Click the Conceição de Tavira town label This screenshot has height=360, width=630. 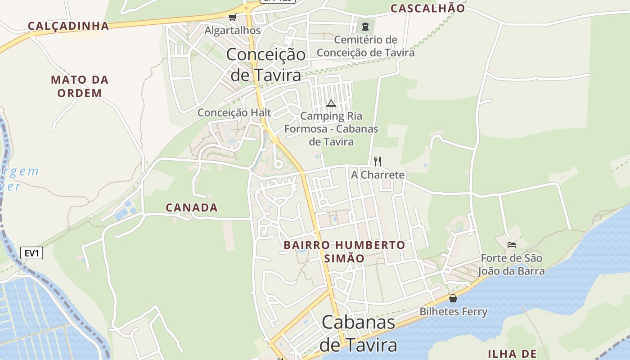pos(265,64)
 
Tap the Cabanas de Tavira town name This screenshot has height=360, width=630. pos(359,333)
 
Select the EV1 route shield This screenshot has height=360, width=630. pos(32,253)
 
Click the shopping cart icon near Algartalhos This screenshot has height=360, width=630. pos(232,18)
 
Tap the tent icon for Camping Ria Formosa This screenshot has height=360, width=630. pos(331,103)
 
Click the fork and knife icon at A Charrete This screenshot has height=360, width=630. pos(378,161)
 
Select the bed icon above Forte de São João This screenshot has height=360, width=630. pos(512,244)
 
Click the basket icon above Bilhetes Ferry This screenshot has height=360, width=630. pos(453,298)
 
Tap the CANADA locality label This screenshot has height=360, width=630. pos(192,207)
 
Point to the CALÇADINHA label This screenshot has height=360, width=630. pos(69,26)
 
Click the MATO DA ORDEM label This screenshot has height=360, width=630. pos(80,86)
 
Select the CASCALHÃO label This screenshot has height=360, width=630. pos(427,8)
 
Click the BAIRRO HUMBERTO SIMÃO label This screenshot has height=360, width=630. pos(344,252)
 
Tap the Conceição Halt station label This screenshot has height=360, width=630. pos(234,112)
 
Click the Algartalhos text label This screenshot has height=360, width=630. pos(233,31)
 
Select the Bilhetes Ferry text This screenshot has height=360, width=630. pos(454,311)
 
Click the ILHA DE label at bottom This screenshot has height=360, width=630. pos(512,353)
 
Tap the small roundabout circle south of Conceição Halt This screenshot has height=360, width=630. pos(278,165)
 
